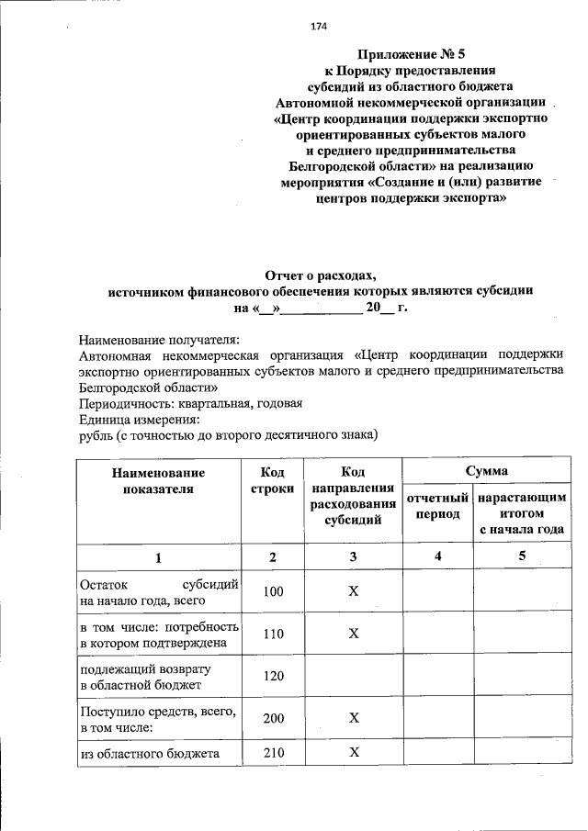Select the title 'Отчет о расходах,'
point(321,275)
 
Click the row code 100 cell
point(273,592)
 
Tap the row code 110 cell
point(273,634)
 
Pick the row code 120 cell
point(273,676)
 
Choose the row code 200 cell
point(273,719)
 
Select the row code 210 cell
point(273,754)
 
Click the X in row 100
point(353,592)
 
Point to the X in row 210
point(353,754)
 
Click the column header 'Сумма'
point(486,471)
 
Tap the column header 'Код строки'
point(272,480)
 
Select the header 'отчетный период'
point(437,506)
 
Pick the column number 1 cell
point(158,556)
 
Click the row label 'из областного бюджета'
point(149,754)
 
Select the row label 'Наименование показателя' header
point(158,480)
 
